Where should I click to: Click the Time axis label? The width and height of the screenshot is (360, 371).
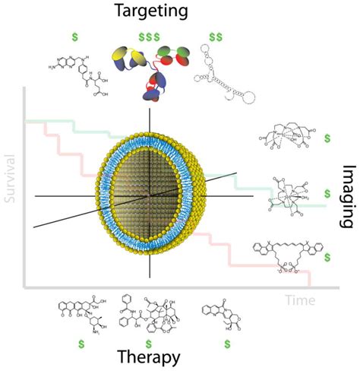pyautogui.click(x=299, y=300)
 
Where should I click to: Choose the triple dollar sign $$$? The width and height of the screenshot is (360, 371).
pyautogui.click(x=149, y=36)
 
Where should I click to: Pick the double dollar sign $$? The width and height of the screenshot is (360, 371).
pyautogui.click(x=215, y=36)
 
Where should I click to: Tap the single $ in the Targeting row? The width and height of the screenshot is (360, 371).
pyautogui.click(x=74, y=36)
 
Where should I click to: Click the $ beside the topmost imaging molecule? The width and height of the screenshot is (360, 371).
pyautogui.click(x=327, y=138)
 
